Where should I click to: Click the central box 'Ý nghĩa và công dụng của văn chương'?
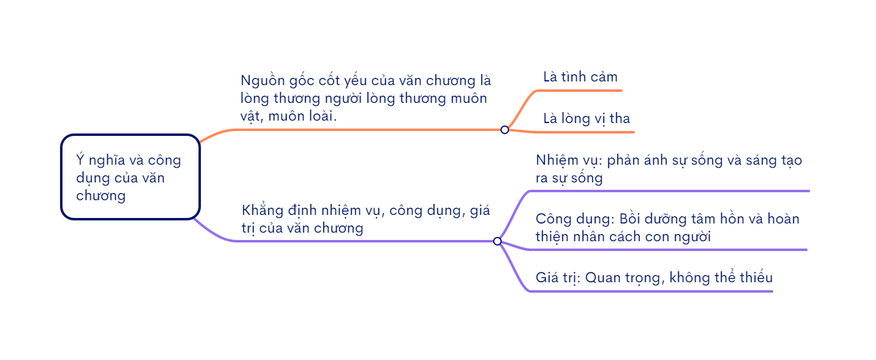click(x=130, y=177)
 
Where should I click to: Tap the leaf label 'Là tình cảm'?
click(x=580, y=77)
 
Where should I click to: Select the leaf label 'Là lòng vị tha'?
click(x=586, y=118)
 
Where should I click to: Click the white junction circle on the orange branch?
click(x=505, y=130)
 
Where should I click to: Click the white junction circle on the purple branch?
click(x=497, y=241)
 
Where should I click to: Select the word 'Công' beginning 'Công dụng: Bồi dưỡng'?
click(x=553, y=219)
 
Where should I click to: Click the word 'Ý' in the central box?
click(x=80, y=160)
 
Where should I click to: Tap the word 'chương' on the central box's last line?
click(x=101, y=196)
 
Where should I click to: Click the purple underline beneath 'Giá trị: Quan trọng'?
click(x=649, y=291)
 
